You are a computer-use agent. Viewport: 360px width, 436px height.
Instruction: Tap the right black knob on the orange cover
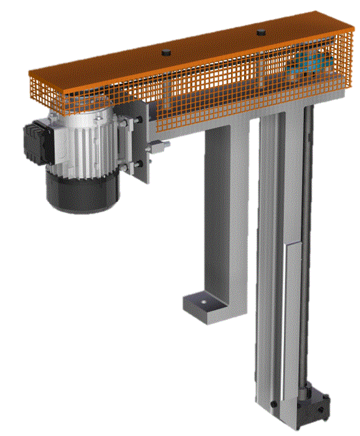click(260, 32)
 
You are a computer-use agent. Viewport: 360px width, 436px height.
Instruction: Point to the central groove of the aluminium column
click(273, 261)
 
